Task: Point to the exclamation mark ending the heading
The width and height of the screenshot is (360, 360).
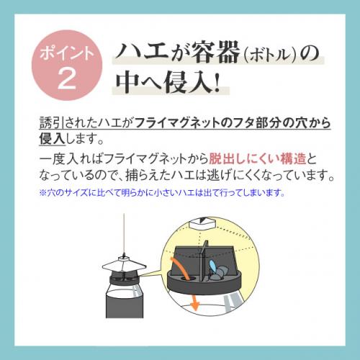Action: tap(217, 81)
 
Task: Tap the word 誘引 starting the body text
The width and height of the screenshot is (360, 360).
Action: tap(52, 123)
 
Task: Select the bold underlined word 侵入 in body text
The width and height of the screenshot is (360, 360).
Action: tap(52, 139)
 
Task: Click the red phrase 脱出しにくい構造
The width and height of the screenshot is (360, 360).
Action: tap(257, 158)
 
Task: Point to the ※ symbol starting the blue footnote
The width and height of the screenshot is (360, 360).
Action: tap(42, 192)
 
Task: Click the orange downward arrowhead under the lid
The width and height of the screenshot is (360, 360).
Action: tap(195, 306)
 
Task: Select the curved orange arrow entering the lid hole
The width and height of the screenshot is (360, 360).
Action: tap(180, 268)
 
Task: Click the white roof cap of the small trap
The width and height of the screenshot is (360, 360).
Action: tap(124, 264)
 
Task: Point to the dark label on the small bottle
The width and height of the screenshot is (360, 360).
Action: tap(125, 304)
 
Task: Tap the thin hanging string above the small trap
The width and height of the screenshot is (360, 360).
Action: tap(124, 233)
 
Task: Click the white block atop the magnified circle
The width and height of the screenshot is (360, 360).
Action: tap(202, 224)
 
